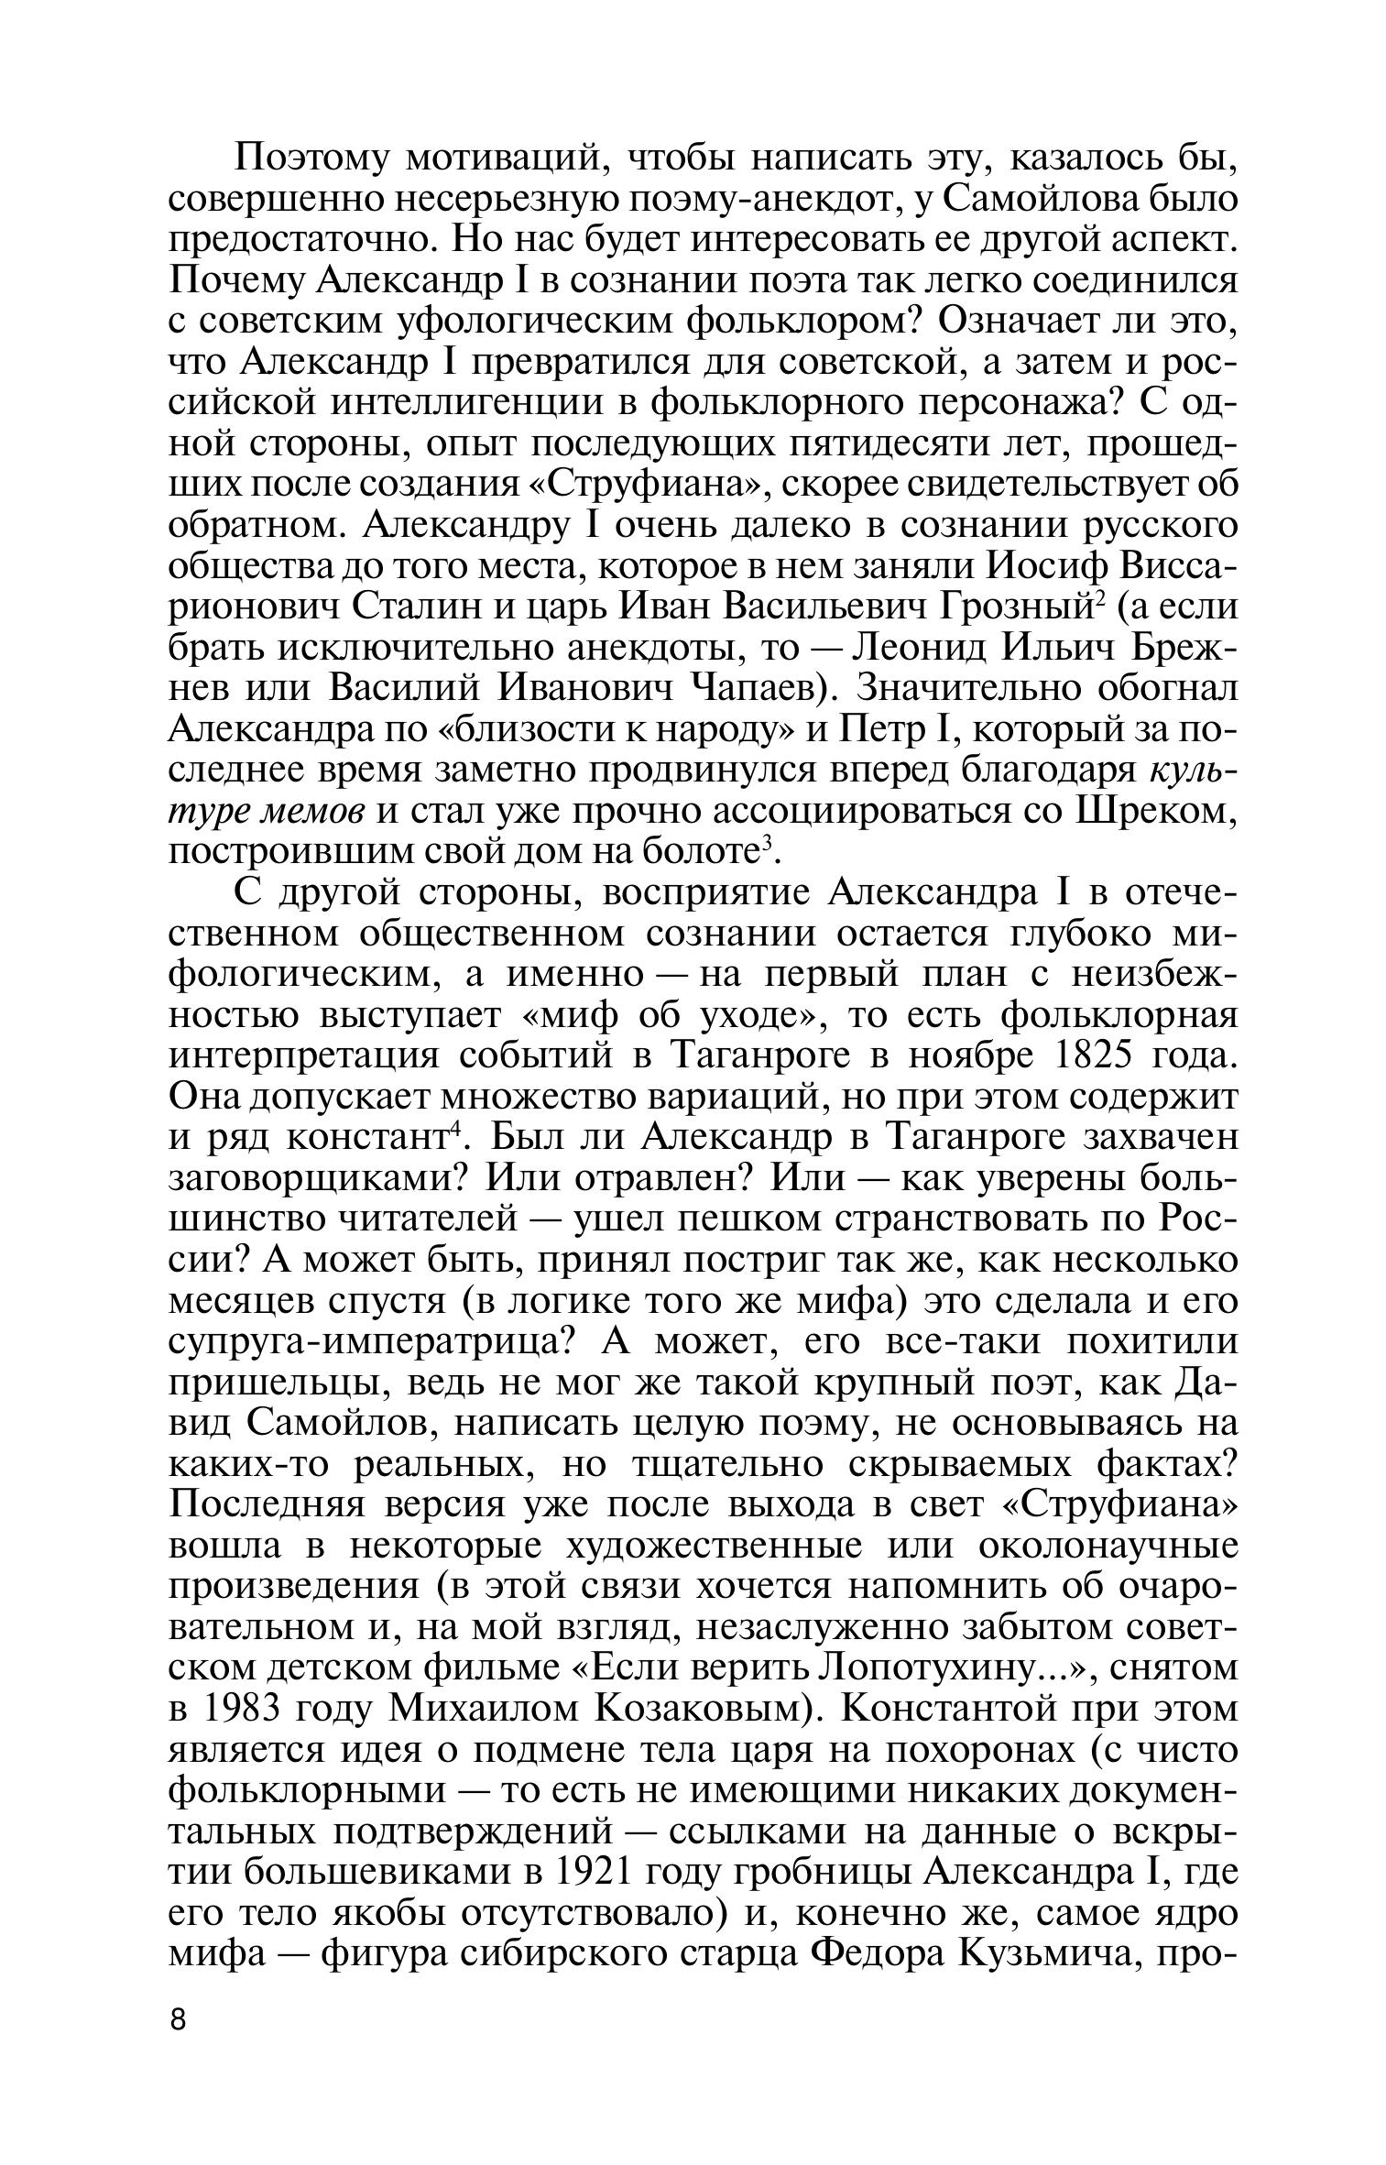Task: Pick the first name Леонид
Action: coord(918,647)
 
